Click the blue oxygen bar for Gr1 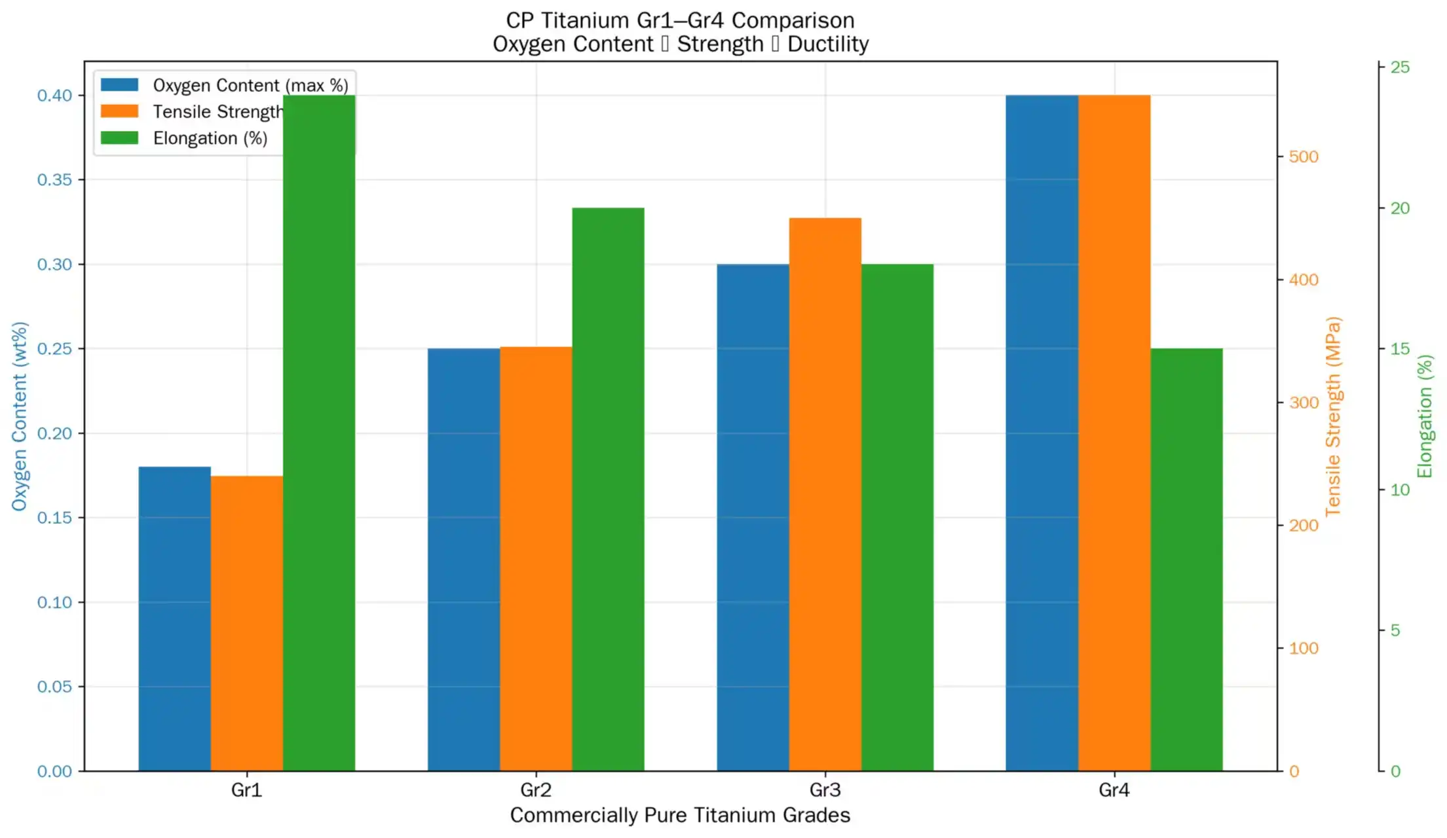tap(174, 619)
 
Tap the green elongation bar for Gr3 tap(897, 517)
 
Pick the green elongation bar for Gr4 tap(1186, 559)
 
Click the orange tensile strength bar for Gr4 tap(1114, 432)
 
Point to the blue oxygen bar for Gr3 tap(753, 517)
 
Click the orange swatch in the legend tap(119, 111)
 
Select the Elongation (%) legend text tap(210, 138)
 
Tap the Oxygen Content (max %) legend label tap(250, 85)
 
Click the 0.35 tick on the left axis tap(54, 179)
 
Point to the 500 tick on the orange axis tap(1303, 156)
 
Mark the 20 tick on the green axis tap(1400, 208)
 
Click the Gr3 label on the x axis tap(825, 790)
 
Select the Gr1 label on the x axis tap(246, 790)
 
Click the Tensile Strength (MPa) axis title tap(1333, 416)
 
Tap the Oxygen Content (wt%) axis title tap(20, 416)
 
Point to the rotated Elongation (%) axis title tap(1425, 416)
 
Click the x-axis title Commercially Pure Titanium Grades tap(680, 815)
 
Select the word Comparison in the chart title tap(793, 20)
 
